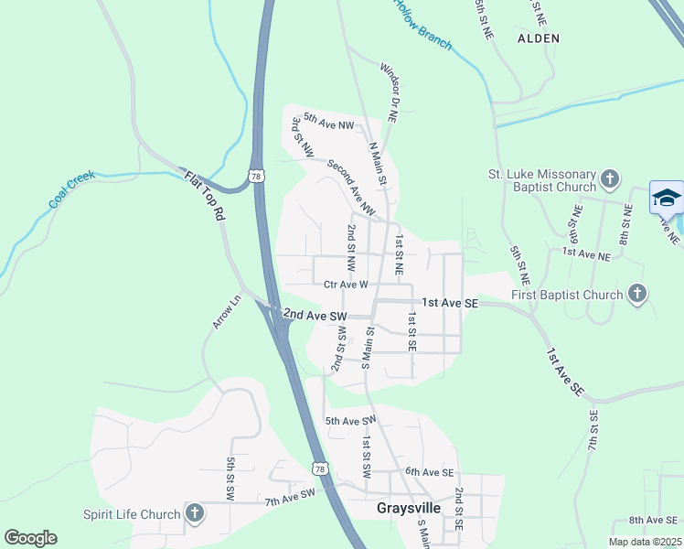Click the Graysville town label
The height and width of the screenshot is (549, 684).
(x=409, y=507)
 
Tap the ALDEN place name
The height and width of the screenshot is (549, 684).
(x=538, y=38)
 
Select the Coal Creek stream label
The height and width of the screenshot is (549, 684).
(x=72, y=188)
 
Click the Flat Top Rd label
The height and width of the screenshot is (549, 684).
(x=204, y=197)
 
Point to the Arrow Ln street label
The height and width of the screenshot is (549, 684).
(x=226, y=311)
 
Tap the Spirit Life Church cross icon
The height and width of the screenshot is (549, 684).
(x=194, y=513)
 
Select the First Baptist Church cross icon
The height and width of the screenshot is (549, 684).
(x=637, y=294)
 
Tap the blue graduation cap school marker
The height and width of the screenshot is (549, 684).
(x=667, y=198)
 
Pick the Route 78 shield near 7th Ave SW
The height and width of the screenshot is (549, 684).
(x=318, y=468)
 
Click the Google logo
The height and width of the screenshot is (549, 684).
(x=30, y=537)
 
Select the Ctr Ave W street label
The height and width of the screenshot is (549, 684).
(x=346, y=285)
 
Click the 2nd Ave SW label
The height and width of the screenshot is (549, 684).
(x=315, y=315)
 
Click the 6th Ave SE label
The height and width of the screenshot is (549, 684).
(x=430, y=471)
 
